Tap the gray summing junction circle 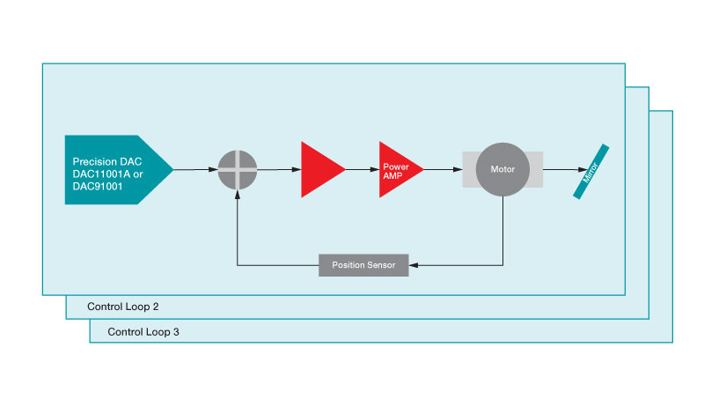pyautogui.click(x=238, y=168)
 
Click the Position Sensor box pyautogui.click(x=363, y=264)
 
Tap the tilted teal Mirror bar pyautogui.click(x=591, y=171)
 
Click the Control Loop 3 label pyautogui.click(x=143, y=332)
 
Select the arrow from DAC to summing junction pyautogui.click(x=195, y=168)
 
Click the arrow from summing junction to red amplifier pyautogui.click(x=278, y=168)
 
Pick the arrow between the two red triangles pyautogui.click(x=362, y=168)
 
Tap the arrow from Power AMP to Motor pyautogui.click(x=443, y=168)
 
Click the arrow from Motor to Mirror pyautogui.click(x=563, y=168)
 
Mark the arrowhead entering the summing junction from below pyautogui.click(x=238, y=194)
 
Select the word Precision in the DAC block pyautogui.click(x=94, y=161)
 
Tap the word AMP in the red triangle pyautogui.click(x=392, y=175)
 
